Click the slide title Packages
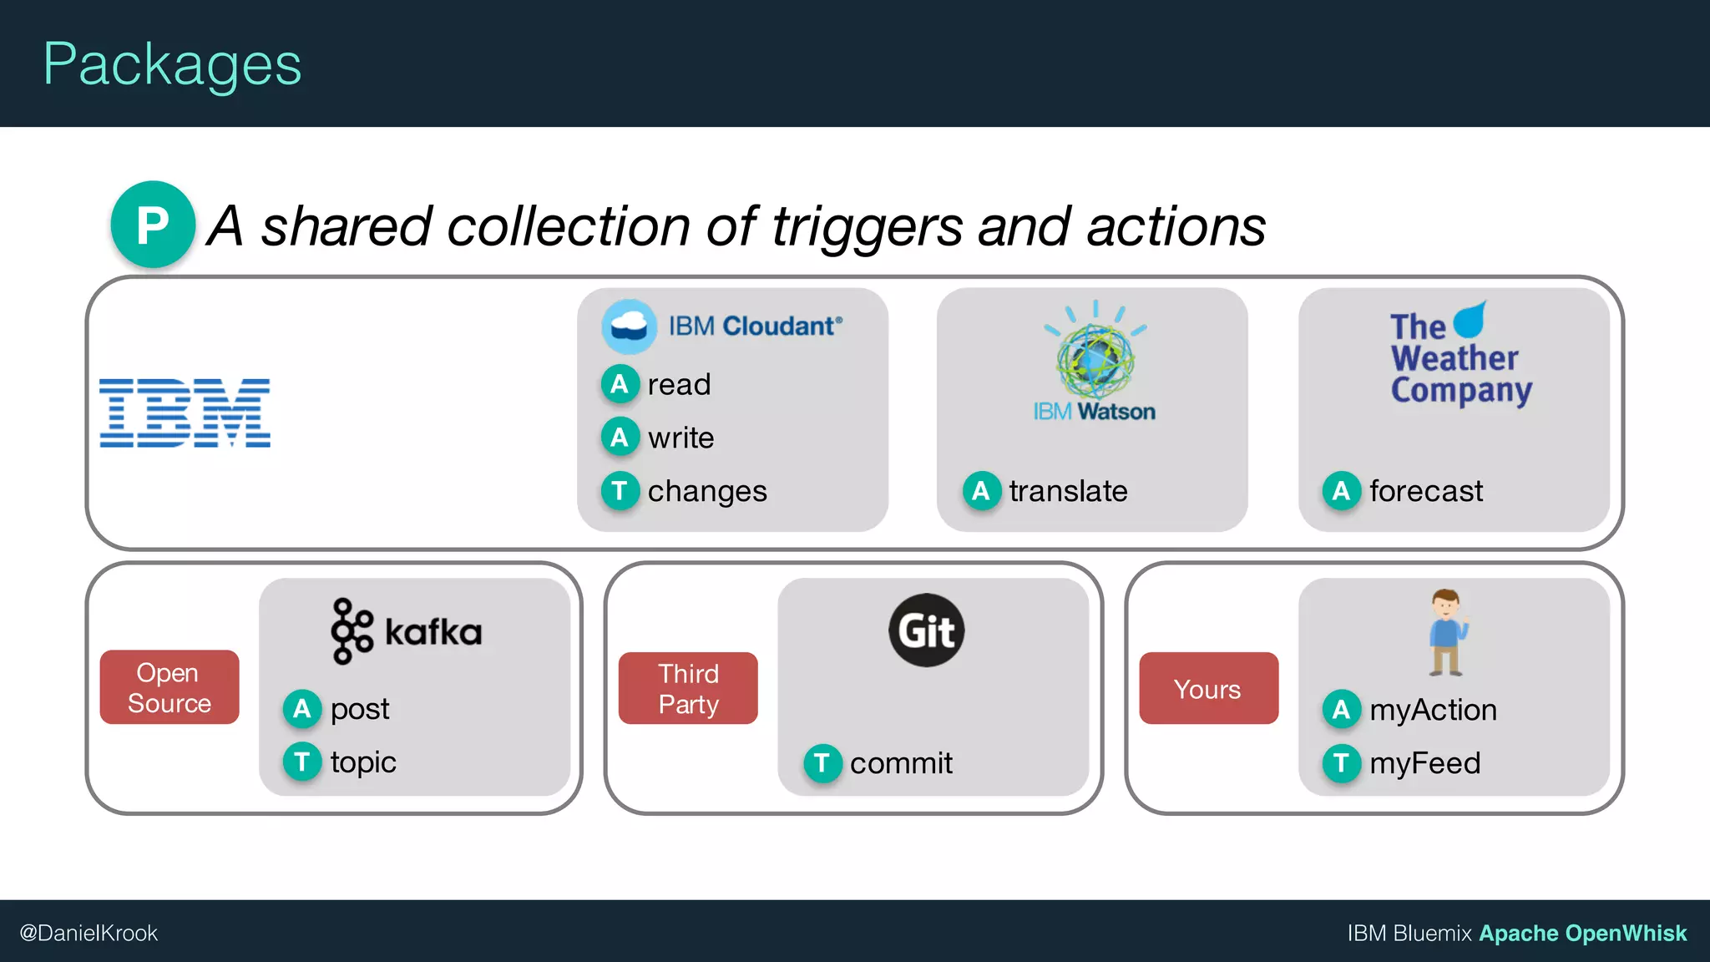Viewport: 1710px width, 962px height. (172, 65)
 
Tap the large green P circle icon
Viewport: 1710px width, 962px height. (153, 225)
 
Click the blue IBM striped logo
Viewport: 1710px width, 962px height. (185, 413)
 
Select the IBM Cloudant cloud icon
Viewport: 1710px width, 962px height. (629, 327)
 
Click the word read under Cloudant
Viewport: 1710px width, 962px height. (679, 384)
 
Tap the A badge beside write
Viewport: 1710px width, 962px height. (620, 437)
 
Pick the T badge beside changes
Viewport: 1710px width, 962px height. (620, 490)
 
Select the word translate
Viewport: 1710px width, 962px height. (1068, 491)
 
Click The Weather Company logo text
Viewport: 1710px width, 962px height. (1460, 359)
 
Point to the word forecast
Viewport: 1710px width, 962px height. (1426, 491)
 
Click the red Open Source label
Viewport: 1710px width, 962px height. (169, 687)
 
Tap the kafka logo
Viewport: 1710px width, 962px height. (407, 631)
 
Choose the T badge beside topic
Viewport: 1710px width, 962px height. (302, 762)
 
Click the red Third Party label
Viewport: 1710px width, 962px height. (688, 688)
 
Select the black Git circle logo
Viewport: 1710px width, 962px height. (926, 630)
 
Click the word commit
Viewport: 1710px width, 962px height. (901, 762)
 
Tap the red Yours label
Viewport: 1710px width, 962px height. (1207, 689)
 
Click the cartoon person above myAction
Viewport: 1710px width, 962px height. (1446, 632)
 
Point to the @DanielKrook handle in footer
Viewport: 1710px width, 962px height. (89, 933)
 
